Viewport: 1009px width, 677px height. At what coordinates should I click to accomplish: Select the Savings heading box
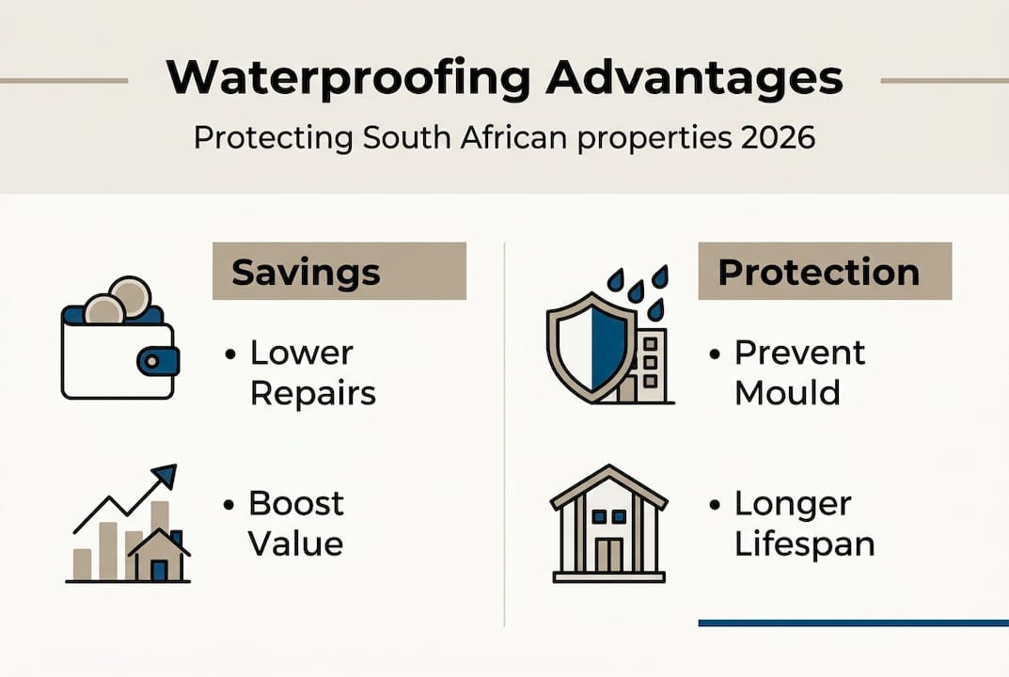click(x=339, y=272)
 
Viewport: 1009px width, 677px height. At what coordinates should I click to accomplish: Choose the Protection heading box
click(x=825, y=272)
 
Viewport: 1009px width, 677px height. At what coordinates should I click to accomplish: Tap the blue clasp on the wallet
click(x=157, y=360)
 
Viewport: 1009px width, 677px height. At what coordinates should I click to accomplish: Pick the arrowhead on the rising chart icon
click(x=165, y=476)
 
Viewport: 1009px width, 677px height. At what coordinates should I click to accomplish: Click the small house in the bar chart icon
click(x=158, y=557)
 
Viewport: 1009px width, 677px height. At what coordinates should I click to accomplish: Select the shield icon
click(x=590, y=347)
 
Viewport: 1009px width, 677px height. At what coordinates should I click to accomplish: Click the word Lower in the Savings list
click(x=302, y=354)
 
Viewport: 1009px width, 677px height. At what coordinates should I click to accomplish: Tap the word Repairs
click(x=313, y=393)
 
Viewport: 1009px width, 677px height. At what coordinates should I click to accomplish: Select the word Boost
click(x=296, y=504)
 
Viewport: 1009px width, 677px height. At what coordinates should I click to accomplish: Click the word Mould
click(x=787, y=393)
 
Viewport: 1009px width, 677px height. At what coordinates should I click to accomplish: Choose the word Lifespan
click(x=804, y=544)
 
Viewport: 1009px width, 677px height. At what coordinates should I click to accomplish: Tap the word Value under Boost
click(x=296, y=543)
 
